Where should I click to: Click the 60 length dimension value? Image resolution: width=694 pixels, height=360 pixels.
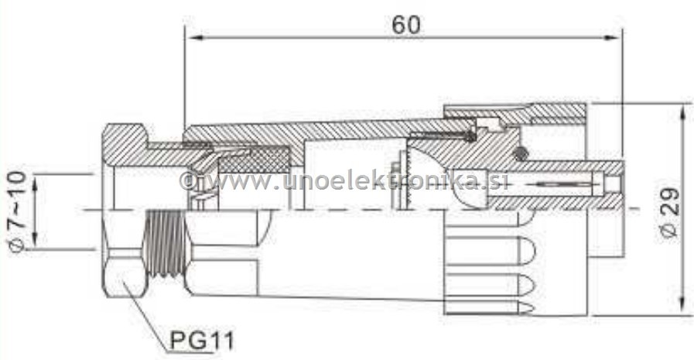[x=405, y=24]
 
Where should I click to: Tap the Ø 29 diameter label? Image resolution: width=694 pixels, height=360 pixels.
[x=670, y=211]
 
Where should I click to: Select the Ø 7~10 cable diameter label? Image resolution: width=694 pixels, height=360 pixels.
[x=17, y=211]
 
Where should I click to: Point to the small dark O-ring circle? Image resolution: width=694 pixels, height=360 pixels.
[x=524, y=153]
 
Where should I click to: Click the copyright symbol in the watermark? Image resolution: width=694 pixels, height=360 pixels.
[x=187, y=181]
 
